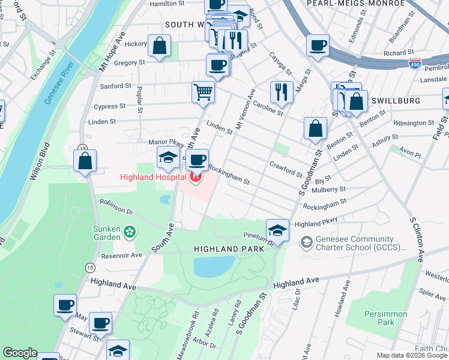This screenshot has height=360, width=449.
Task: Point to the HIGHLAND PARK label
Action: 229,248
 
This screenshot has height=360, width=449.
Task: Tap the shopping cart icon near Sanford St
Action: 203,92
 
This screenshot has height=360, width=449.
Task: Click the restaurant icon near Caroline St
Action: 281,92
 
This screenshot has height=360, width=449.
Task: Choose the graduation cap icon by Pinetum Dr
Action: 277,230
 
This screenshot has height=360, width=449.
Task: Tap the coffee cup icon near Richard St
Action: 318,45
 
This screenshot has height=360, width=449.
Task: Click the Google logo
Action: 20,353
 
